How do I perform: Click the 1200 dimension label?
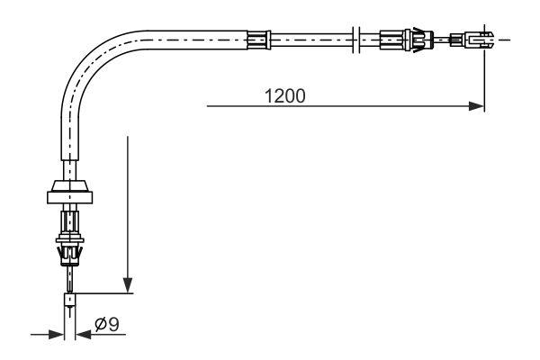(284, 96)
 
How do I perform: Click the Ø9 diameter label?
(107, 324)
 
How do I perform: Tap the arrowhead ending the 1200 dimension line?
(477, 106)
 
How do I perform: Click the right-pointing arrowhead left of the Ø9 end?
(57, 334)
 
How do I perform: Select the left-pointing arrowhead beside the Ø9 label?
(83, 334)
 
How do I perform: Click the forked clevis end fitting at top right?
(480, 40)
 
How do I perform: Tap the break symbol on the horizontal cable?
(356, 40)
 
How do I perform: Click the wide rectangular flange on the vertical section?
(70, 197)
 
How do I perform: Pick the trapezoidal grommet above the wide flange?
(70, 186)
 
